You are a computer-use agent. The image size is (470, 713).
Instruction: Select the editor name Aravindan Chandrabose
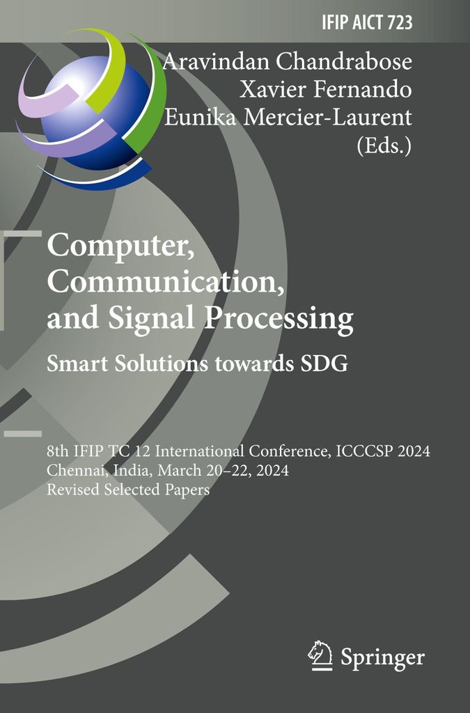(x=287, y=61)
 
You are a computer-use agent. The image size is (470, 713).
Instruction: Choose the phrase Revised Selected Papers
(x=129, y=489)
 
